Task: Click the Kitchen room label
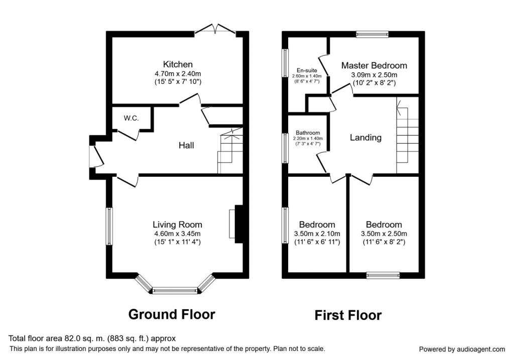[178, 64]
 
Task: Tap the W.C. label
[131, 118]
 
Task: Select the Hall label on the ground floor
[186, 145]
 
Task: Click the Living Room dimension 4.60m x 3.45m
[177, 234]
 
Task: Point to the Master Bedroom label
[374, 66]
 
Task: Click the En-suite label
[307, 70]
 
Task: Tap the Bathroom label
[308, 133]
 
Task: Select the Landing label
[365, 138]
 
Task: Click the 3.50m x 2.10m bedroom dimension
[317, 234]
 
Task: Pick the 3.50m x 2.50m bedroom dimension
[384, 234]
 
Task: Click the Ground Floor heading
[172, 314]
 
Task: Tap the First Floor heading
[348, 315]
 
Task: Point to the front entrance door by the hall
[97, 157]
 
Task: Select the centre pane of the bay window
[175, 290]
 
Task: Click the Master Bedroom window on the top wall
[372, 34]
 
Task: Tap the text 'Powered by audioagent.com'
[462, 349]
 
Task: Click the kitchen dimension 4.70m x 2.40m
[178, 74]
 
